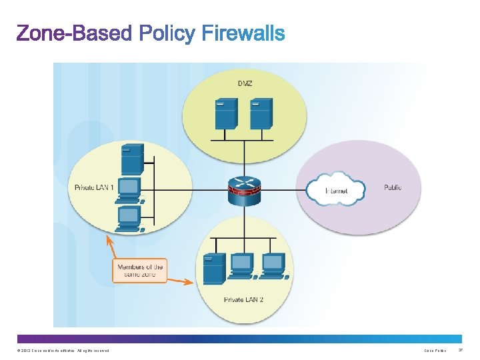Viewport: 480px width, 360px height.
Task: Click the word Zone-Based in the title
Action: (x=74, y=33)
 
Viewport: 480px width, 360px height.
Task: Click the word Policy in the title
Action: (x=167, y=33)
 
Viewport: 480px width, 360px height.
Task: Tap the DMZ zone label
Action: (x=245, y=83)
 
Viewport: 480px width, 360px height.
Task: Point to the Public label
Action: (x=393, y=187)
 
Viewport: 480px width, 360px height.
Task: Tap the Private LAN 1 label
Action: (x=93, y=187)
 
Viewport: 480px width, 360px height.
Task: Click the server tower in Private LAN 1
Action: (x=131, y=160)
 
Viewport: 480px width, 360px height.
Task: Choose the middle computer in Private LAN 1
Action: (x=129, y=190)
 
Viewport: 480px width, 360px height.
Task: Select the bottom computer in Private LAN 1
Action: (x=128, y=219)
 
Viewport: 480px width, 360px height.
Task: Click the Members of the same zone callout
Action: (x=139, y=271)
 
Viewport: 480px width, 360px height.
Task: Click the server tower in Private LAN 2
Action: (x=213, y=269)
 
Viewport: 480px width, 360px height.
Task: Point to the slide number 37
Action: (x=459, y=351)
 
